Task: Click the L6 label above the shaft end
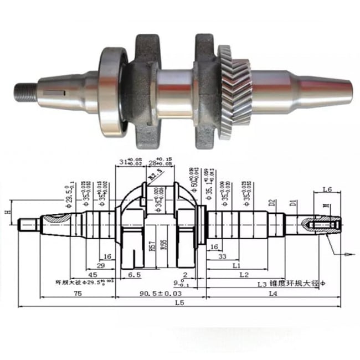pyautogui.click(x=327, y=190)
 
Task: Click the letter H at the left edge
pyautogui.click(x=7, y=212)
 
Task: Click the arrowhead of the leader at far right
pyautogui.click(x=347, y=254)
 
